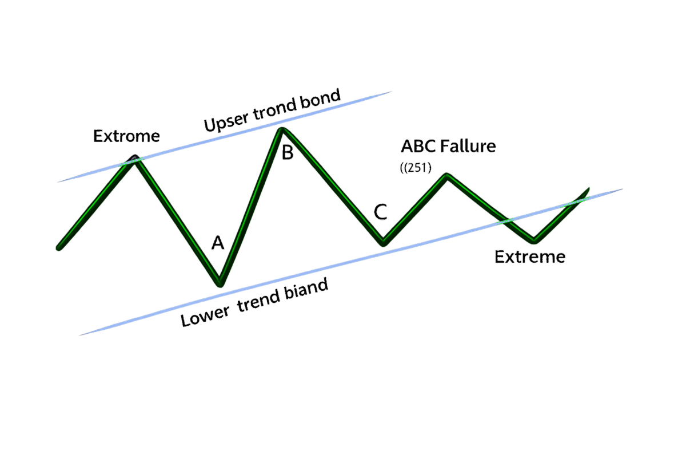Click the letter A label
point(218,243)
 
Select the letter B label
point(287,153)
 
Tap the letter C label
point(381,212)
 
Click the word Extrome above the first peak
point(126,137)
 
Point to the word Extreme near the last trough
point(530,258)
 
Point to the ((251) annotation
point(416,169)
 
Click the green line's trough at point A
point(220,283)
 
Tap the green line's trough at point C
point(383,244)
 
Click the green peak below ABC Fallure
point(447,175)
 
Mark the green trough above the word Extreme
point(533,240)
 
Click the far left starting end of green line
point(58,248)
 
